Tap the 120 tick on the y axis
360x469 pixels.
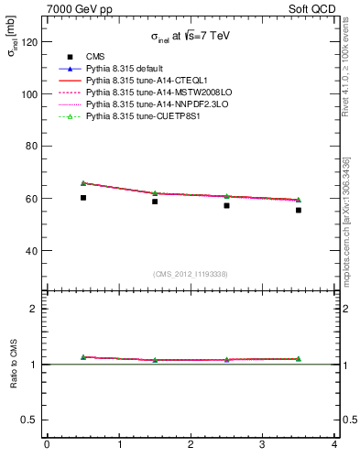point(33,42)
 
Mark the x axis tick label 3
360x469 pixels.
point(262,445)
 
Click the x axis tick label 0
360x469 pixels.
point(47,445)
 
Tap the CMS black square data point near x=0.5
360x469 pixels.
point(83,198)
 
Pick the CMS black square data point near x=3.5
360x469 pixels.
point(299,210)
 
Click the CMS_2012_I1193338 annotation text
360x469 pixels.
point(191,274)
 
